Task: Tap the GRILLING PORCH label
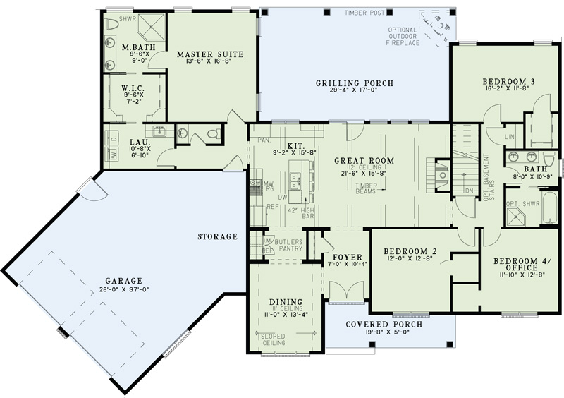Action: click(x=354, y=83)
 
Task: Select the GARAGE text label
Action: click(x=120, y=280)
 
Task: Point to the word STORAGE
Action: click(x=218, y=236)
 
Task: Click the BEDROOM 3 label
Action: click(x=508, y=81)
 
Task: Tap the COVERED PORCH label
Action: click(x=384, y=325)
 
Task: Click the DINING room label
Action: click(x=286, y=301)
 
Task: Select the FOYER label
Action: click(x=347, y=257)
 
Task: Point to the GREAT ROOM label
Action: click(x=364, y=161)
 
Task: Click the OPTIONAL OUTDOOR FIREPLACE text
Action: click(x=404, y=37)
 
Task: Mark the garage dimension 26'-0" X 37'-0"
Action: click(x=120, y=289)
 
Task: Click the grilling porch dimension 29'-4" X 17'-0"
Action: click(x=354, y=92)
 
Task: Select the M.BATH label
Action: click(x=133, y=48)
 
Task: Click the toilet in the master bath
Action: click(x=115, y=24)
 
